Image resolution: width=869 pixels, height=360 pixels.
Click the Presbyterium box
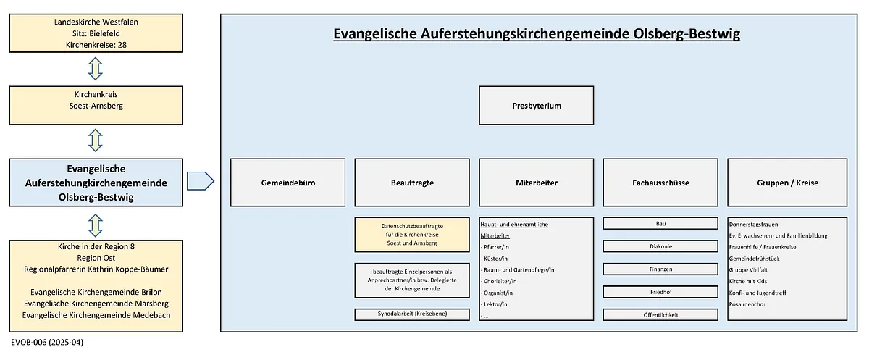click(x=536, y=106)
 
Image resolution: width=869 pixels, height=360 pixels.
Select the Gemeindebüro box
click(x=288, y=183)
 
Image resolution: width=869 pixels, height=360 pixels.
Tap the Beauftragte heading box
click(x=412, y=183)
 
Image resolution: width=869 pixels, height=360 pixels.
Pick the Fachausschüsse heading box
click(x=660, y=183)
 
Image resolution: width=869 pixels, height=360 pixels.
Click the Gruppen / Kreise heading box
click(x=788, y=183)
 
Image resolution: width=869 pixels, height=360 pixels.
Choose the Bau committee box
click(x=660, y=223)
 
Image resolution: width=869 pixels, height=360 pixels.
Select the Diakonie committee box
click(x=660, y=246)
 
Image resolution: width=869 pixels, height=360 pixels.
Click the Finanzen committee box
click(x=660, y=269)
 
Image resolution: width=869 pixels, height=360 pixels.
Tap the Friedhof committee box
click(x=660, y=292)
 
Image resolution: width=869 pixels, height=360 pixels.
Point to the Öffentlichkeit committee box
click(x=660, y=315)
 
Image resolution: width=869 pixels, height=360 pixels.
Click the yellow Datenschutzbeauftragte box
click(x=412, y=235)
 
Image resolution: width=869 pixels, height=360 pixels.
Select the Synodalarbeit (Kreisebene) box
click(x=412, y=314)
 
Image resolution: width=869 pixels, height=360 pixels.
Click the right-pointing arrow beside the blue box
click(x=200, y=181)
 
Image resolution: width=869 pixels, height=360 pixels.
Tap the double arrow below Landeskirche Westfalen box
click(x=96, y=69)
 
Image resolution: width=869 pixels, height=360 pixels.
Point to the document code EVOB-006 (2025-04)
click(x=47, y=342)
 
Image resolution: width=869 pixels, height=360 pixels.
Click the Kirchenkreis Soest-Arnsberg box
click(x=96, y=106)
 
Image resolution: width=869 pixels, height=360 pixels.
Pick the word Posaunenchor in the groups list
click(x=747, y=304)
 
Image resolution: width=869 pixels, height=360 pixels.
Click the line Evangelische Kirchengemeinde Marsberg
click(x=96, y=304)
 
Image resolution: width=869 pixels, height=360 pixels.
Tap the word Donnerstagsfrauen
click(x=753, y=225)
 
